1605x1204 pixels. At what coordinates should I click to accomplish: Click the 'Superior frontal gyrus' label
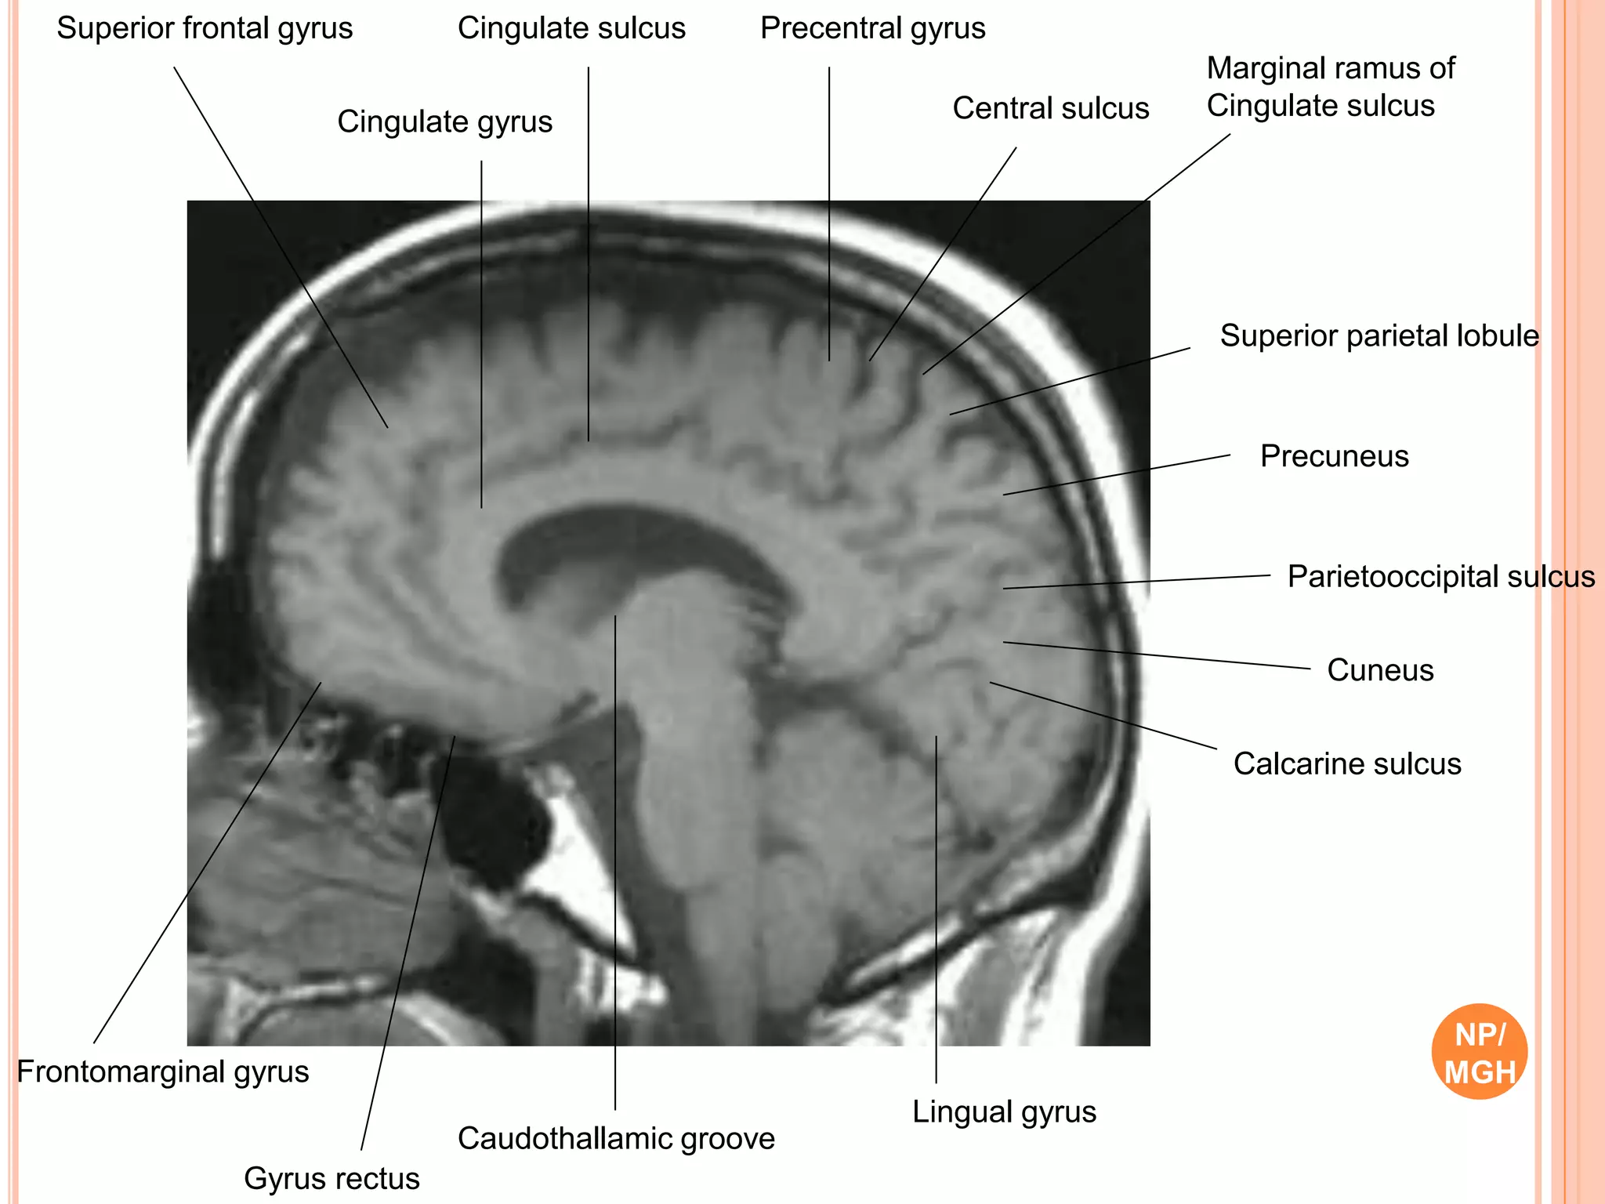coord(205,29)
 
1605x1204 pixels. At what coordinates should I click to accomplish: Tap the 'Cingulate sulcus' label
coord(571,29)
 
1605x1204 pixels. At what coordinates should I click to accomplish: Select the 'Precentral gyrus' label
coord(872,29)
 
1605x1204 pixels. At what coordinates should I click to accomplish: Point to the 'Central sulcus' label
coord(1050,109)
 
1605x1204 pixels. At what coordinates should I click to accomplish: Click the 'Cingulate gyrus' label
coord(444,122)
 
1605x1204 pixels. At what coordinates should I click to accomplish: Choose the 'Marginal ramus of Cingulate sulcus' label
coord(1330,87)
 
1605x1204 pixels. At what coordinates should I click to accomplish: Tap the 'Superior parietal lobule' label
coord(1379,336)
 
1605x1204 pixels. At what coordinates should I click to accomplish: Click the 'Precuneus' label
coord(1334,457)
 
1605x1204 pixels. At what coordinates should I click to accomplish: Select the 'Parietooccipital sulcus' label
coord(1440,577)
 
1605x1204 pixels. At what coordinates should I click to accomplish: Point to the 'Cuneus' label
coord(1380,671)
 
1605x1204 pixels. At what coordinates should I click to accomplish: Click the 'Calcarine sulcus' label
coord(1347,764)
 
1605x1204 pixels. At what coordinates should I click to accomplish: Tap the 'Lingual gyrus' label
coord(1004,1112)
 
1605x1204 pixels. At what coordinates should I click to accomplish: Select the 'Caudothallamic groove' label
coord(616,1139)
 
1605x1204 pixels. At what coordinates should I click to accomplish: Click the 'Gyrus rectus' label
coord(332,1179)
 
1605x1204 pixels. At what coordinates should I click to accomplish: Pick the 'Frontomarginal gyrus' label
coord(163,1072)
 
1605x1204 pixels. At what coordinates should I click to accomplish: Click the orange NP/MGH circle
coord(1480,1052)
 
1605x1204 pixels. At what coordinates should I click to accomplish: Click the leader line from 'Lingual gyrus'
coord(936,909)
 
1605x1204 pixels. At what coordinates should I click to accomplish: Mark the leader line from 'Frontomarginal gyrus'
coord(208,862)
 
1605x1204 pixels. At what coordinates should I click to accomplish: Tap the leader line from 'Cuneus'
coord(1157,655)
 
